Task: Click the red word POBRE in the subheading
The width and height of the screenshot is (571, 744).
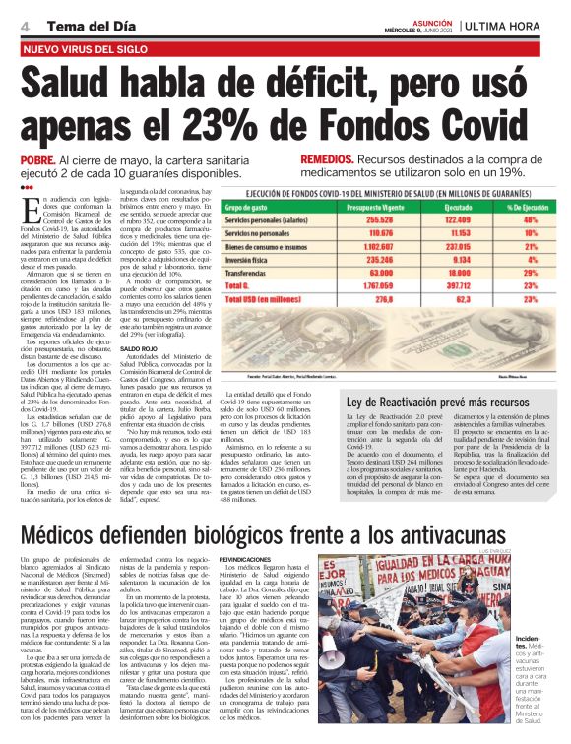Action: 36,159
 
